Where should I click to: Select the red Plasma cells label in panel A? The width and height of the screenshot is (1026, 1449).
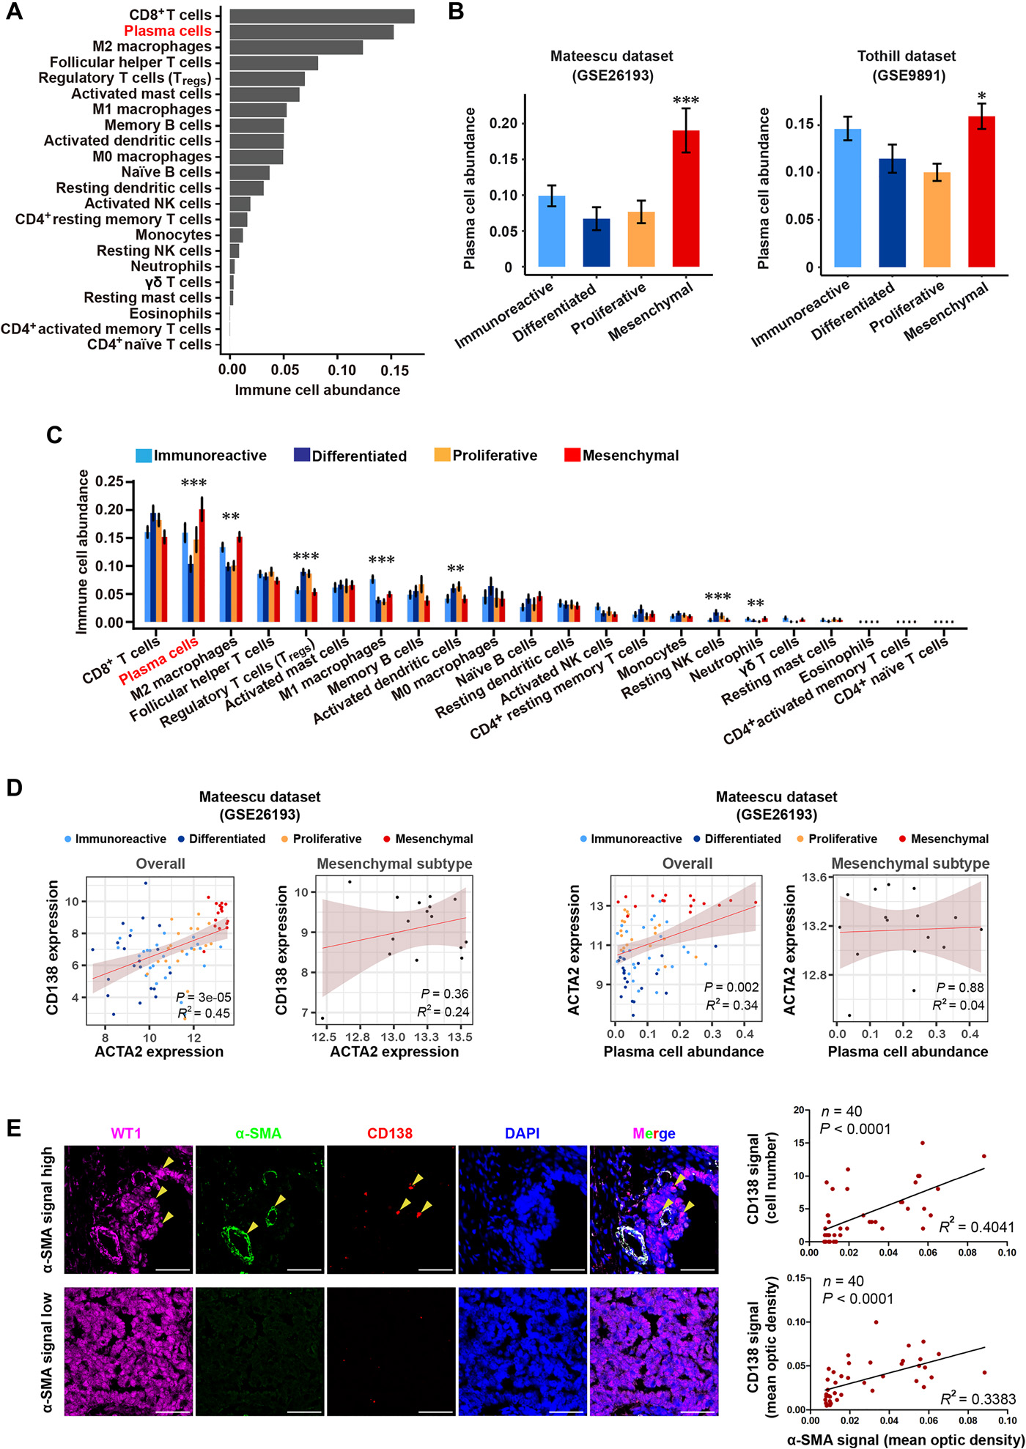(167, 31)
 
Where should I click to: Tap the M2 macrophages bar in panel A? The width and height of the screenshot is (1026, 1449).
(295, 47)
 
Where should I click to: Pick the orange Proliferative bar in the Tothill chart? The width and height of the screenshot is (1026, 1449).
(937, 220)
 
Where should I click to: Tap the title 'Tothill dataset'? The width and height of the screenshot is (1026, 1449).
(907, 56)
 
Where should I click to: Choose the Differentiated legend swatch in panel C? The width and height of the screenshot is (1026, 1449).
(302, 455)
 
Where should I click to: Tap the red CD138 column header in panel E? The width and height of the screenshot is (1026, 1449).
(390, 1133)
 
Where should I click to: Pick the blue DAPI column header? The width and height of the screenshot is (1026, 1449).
(522, 1133)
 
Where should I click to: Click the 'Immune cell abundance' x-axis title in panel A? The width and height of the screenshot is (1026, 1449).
(317, 390)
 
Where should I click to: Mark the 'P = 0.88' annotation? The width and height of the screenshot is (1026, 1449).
(960, 987)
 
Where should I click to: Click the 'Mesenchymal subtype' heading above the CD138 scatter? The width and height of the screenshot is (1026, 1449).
(394, 864)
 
